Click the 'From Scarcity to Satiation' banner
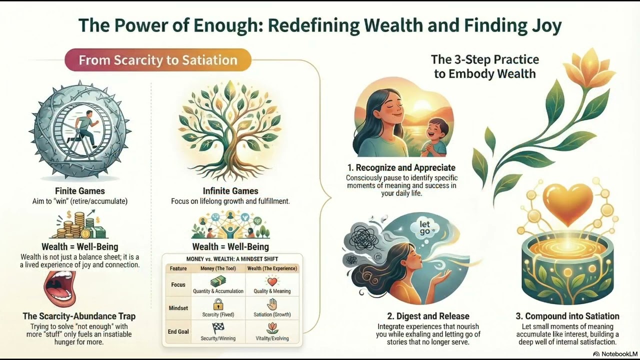(x=158, y=60)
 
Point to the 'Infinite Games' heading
(x=230, y=191)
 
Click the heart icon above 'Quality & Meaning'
(x=272, y=281)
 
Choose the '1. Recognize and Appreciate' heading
(x=401, y=167)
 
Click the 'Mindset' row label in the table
(x=178, y=308)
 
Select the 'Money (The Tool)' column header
(x=218, y=268)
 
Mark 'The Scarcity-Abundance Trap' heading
(x=79, y=316)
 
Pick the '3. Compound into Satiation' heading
(x=567, y=316)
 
